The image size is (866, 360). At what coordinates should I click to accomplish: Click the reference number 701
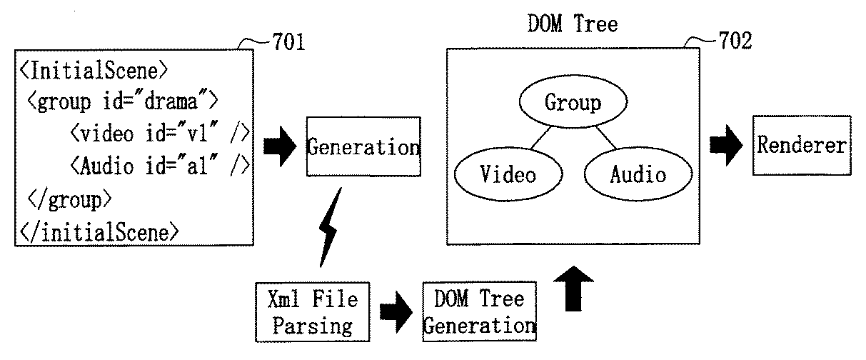(x=288, y=41)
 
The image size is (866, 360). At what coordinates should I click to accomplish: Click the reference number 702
(x=735, y=40)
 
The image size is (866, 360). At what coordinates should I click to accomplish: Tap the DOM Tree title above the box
(x=573, y=24)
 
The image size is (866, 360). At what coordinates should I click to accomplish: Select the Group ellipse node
(x=573, y=101)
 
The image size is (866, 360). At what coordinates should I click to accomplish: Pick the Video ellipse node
(x=508, y=174)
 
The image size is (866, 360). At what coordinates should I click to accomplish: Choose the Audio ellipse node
(x=638, y=174)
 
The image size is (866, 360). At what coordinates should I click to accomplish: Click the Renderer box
(x=802, y=146)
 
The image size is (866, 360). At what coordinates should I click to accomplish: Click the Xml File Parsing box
(x=313, y=312)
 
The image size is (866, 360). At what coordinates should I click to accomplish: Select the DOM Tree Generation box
(x=479, y=311)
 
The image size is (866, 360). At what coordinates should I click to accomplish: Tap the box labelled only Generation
(x=363, y=146)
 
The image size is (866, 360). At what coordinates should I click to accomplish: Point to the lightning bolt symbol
(x=328, y=228)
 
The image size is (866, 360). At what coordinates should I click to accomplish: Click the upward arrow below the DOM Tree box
(x=573, y=289)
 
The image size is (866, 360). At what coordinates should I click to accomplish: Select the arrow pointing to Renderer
(x=726, y=146)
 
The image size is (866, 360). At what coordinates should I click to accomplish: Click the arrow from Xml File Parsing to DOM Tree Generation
(x=396, y=311)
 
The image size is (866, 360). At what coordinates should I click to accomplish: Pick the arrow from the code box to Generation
(x=280, y=146)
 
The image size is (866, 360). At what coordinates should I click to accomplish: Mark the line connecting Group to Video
(x=541, y=138)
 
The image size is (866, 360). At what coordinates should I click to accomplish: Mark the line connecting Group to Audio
(x=606, y=137)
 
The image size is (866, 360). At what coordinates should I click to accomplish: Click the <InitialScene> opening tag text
(x=94, y=71)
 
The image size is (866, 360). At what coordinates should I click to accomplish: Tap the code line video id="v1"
(x=160, y=134)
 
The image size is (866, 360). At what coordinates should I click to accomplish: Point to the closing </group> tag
(x=69, y=200)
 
